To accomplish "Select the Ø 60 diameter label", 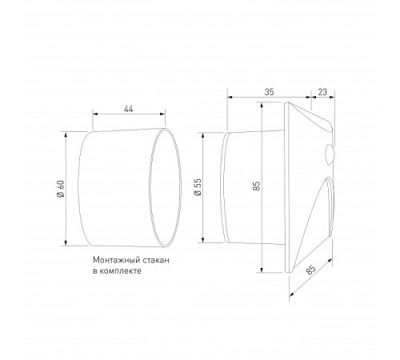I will coord(61,190).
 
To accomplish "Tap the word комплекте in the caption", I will coord(121,272).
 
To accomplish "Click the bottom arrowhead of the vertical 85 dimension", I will coord(263,272).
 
